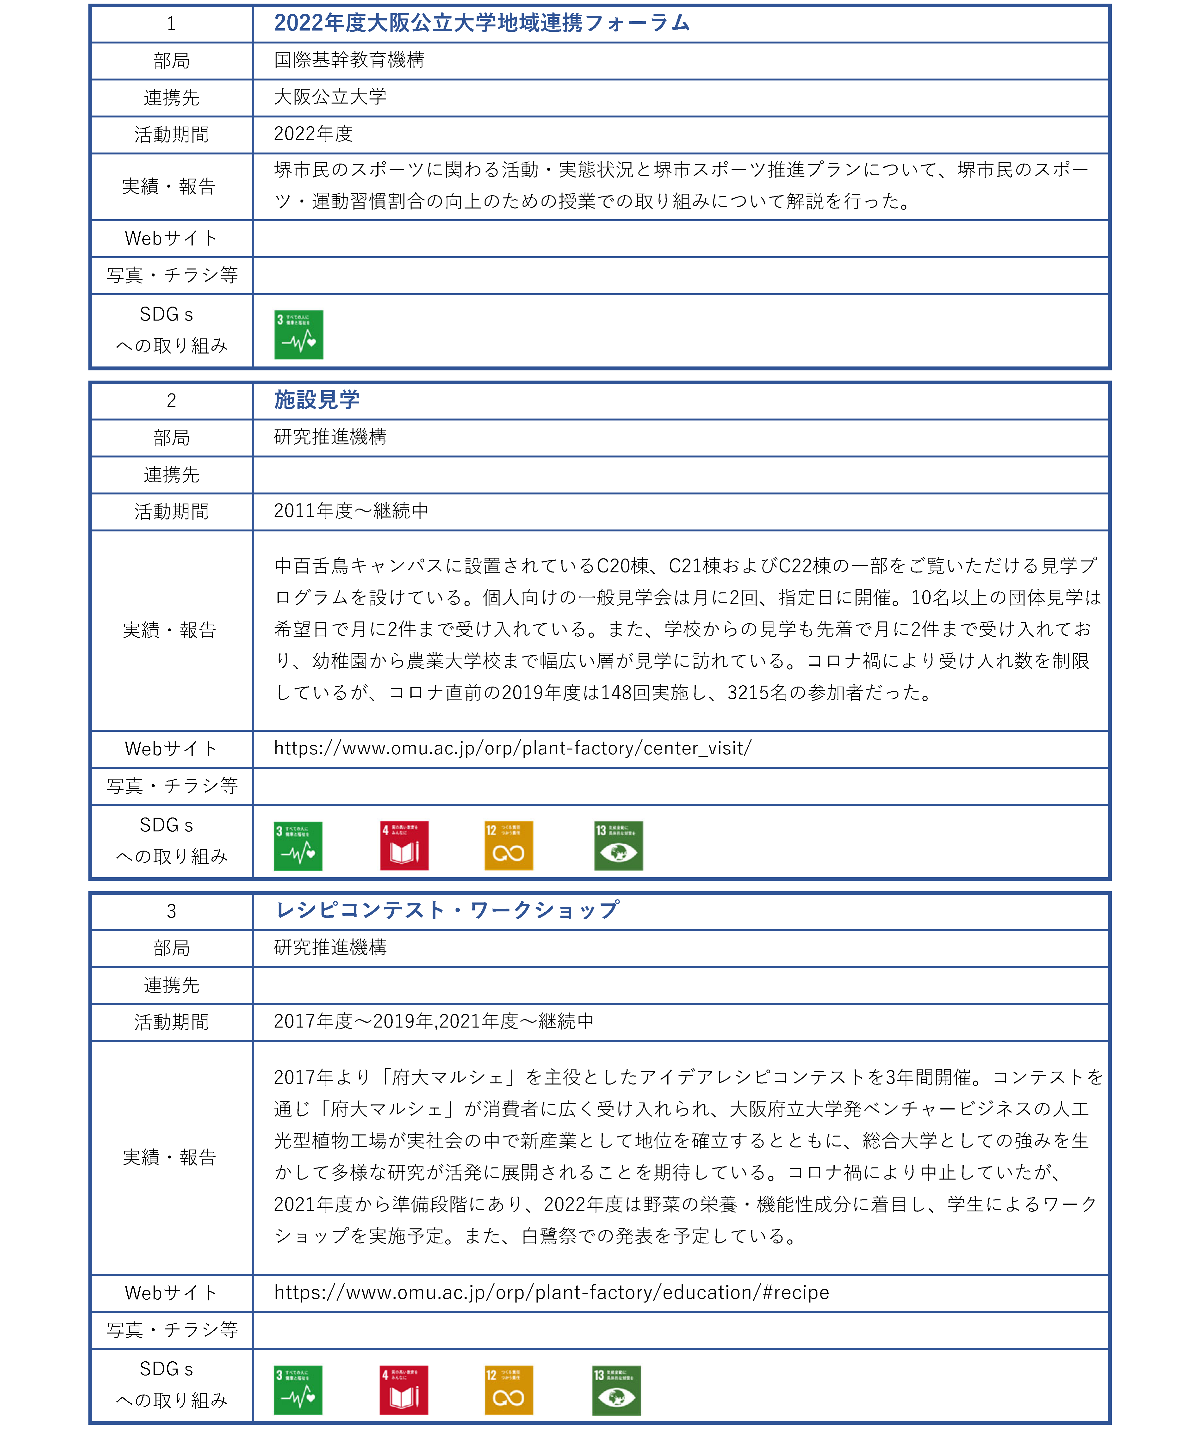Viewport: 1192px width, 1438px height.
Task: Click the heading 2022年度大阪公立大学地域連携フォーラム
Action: pyautogui.click(x=482, y=23)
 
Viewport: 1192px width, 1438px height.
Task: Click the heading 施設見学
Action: pyautogui.click(x=317, y=400)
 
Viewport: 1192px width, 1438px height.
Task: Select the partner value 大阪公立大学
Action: pyautogui.click(x=330, y=97)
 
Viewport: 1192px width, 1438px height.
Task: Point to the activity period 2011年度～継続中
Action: pyautogui.click(x=351, y=511)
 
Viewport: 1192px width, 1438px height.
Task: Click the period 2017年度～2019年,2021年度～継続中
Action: pyautogui.click(x=433, y=1022)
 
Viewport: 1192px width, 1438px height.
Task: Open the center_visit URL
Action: pyautogui.click(x=512, y=749)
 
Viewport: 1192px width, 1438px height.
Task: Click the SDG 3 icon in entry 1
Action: pyautogui.click(x=299, y=335)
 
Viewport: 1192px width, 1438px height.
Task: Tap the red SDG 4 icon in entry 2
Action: pyautogui.click(x=404, y=846)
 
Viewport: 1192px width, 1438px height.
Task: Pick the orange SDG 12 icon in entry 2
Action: pyautogui.click(x=508, y=846)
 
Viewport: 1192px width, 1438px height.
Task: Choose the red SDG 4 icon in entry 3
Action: pyautogui.click(x=404, y=1391)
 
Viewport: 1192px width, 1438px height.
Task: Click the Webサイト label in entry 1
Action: pyautogui.click(x=171, y=238)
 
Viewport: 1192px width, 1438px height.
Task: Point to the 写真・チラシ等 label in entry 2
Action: pyautogui.click(x=171, y=786)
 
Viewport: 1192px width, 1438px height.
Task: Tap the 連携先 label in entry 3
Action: pyautogui.click(x=171, y=985)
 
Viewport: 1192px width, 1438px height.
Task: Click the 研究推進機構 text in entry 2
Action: pyautogui.click(x=330, y=437)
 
